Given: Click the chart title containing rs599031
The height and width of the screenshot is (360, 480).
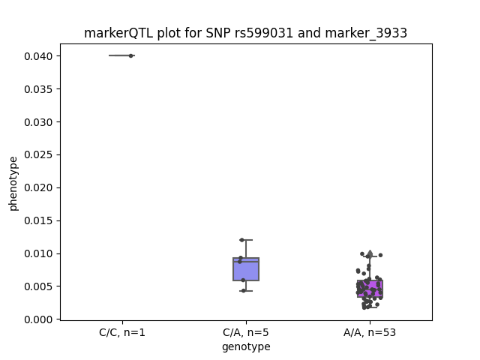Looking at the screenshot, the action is pyautogui.click(x=245, y=33).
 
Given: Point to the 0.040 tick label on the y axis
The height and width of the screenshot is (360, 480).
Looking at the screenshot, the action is pyautogui.click(x=38, y=56).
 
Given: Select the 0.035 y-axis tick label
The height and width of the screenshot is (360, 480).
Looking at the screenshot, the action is pyautogui.click(x=38, y=89).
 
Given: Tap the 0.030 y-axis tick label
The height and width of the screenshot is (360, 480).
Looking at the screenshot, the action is pyautogui.click(x=38, y=122).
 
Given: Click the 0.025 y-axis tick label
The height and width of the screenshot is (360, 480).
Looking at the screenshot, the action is pyautogui.click(x=38, y=155).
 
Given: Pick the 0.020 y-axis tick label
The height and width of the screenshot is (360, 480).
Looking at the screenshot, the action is pyautogui.click(x=38, y=187).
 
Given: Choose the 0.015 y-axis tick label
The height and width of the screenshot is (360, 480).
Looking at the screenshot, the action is pyautogui.click(x=38, y=220).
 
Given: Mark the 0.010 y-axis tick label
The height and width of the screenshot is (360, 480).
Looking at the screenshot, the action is pyautogui.click(x=38, y=253).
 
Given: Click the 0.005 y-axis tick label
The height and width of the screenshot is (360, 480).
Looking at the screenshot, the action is pyautogui.click(x=38, y=286).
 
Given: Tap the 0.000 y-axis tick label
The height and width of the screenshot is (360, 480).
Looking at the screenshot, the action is pyautogui.click(x=38, y=319).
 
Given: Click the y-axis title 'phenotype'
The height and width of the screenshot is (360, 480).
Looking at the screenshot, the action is pyautogui.click(x=13, y=184).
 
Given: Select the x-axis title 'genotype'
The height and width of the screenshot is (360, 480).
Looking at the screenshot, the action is pyautogui.click(x=246, y=346).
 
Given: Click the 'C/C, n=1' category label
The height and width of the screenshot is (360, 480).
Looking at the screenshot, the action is pyautogui.click(x=122, y=332).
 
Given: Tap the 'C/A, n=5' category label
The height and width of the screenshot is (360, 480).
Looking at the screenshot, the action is pyautogui.click(x=246, y=332).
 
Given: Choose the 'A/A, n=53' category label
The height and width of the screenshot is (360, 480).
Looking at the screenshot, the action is pyautogui.click(x=370, y=332).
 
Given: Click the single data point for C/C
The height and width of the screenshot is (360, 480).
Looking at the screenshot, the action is pyautogui.click(x=131, y=55).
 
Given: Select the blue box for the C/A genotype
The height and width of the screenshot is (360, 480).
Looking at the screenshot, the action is pyautogui.click(x=246, y=269).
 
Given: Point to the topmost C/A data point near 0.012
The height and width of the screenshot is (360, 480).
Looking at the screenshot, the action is pyautogui.click(x=241, y=240).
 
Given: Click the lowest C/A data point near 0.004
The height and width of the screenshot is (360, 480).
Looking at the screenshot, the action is pyautogui.click(x=244, y=291).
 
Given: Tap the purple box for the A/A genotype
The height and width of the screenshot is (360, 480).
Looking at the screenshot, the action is pyautogui.click(x=370, y=289).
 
